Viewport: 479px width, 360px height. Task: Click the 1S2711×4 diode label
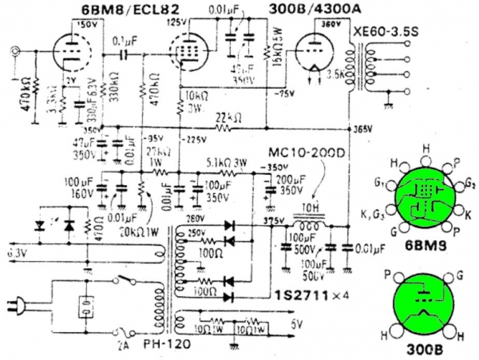pyautogui.click(x=305, y=297)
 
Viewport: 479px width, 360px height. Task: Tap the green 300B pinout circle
pyautogui.click(x=422, y=303)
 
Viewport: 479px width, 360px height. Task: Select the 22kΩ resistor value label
pyautogui.click(x=228, y=117)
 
